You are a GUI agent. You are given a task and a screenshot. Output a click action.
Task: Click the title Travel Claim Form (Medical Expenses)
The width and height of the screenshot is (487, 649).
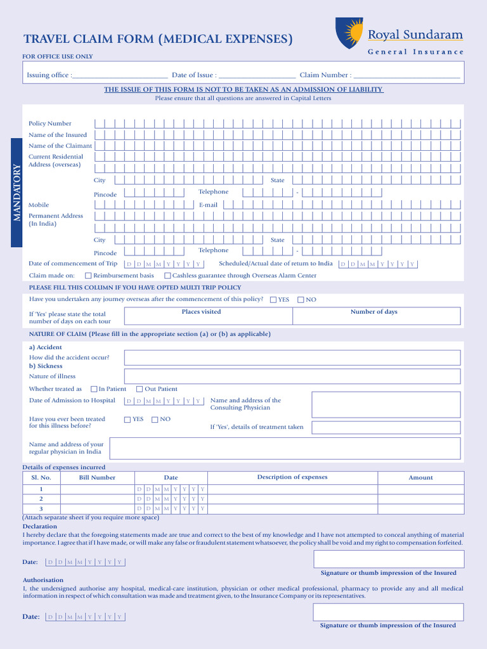coord(158,39)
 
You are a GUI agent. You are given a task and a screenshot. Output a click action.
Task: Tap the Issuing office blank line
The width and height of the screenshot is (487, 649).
coord(120,75)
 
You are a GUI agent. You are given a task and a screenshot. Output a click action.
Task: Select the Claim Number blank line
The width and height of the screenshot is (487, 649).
coord(406,75)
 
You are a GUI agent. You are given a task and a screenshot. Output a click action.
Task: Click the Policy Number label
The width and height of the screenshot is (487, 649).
coord(50,124)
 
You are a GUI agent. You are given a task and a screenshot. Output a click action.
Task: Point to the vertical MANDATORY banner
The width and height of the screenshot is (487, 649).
coord(17,193)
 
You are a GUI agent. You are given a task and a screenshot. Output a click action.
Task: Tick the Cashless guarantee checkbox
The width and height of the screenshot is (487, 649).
coord(167,276)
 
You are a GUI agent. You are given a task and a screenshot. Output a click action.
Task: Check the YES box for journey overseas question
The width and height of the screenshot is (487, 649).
coord(273,300)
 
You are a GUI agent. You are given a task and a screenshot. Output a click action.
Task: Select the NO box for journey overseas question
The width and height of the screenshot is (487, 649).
coord(301,300)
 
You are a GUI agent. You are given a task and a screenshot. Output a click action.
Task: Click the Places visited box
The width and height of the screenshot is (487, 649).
coord(202,316)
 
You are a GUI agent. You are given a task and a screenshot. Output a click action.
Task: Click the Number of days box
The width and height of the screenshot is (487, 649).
coord(373,316)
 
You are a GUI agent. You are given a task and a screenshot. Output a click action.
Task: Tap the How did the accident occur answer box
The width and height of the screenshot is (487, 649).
coord(292,357)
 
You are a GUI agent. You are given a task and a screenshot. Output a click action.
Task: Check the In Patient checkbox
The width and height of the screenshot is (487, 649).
coord(94,389)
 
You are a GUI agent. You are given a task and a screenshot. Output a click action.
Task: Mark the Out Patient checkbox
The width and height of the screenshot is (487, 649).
coord(140,389)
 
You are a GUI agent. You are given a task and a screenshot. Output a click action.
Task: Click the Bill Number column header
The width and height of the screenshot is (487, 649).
coord(97,478)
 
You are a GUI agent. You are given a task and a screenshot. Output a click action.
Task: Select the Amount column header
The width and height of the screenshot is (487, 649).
coord(420,478)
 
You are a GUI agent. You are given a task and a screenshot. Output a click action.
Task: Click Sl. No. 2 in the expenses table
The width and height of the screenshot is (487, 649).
coord(41,499)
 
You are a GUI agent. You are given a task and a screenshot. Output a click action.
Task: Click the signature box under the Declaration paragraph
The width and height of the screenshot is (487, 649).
coord(388,559)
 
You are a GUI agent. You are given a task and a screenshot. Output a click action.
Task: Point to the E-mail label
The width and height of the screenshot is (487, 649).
coord(208,205)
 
